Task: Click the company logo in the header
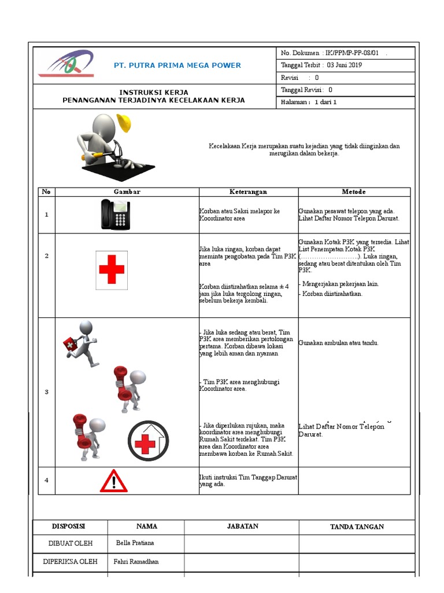coord(65,64)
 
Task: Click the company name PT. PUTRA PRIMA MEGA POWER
coord(177,65)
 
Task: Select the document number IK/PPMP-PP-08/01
coord(353,53)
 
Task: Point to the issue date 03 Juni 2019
coord(344,65)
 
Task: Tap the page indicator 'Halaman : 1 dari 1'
coord(309,103)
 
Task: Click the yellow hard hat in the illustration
coord(123,122)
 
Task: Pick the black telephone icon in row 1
coord(116,214)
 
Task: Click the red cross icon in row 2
coord(112,270)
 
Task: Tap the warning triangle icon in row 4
coord(114,481)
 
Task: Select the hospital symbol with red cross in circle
coord(149,441)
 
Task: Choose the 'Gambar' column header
coord(127,192)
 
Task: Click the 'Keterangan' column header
coord(248,192)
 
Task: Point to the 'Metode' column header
coord(354,192)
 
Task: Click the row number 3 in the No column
coord(46,392)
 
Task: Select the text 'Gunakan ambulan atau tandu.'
coord(339,343)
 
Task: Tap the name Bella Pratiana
coord(135,543)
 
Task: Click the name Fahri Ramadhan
coord(136,562)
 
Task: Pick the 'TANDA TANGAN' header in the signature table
coord(357,526)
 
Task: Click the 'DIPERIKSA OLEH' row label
coord(71,562)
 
